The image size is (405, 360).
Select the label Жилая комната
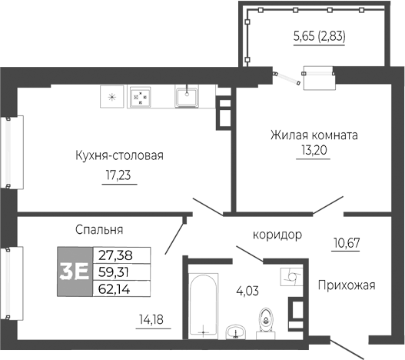[314, 135]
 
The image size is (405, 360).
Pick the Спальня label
[100, 229]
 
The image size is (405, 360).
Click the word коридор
[277, 235]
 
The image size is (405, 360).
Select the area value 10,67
[347, 244]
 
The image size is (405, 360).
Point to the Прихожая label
[346, 285]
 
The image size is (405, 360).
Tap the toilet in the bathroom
[266, 320]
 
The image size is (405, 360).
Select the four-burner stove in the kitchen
[140, 97]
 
